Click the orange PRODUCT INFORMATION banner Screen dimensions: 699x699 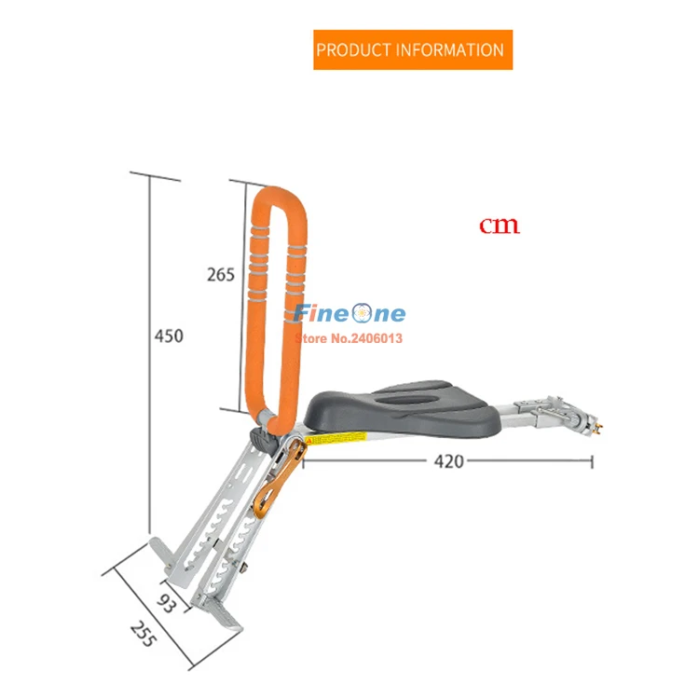tap(410, 49)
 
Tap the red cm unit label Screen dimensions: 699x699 tap(500, 226)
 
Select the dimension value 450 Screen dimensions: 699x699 tap(169, 336)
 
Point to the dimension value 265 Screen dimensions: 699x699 tap(221, 274)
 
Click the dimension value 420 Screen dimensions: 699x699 tap(447, 460)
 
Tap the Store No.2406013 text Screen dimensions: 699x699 tap(348, 338)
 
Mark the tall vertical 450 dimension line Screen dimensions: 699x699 tap(149, 354)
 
